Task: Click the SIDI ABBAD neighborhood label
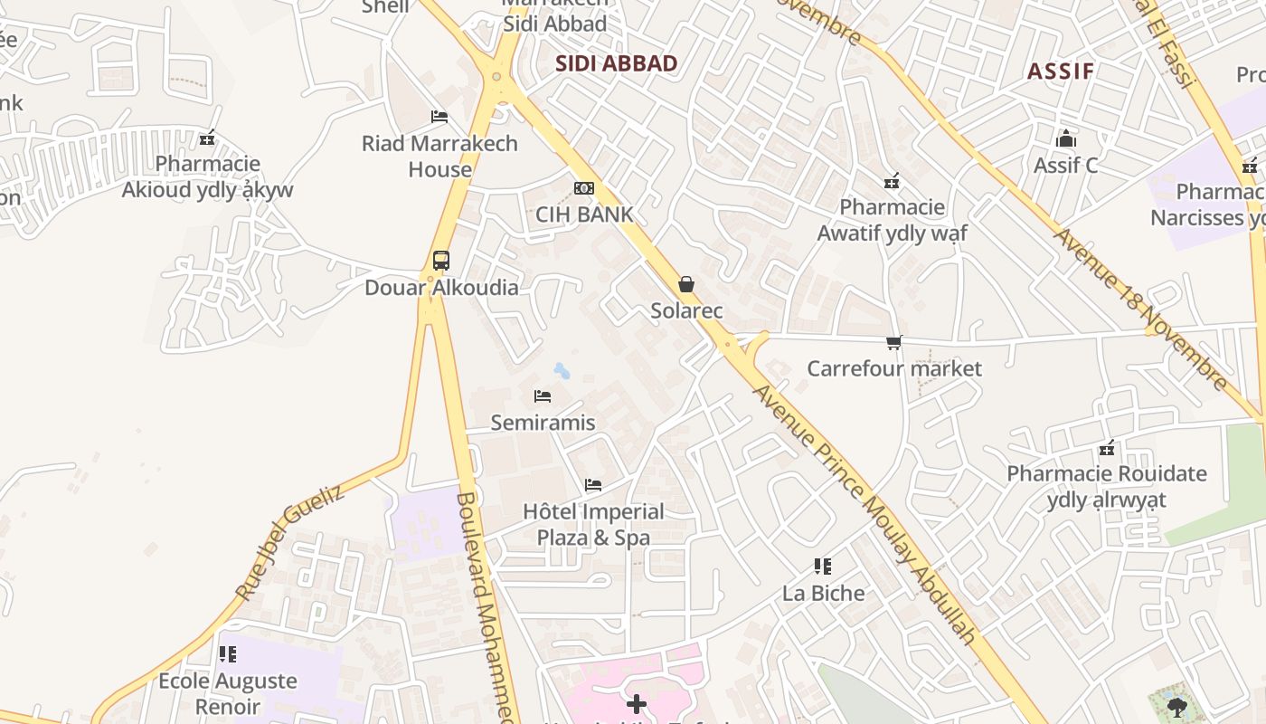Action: coord(616,63)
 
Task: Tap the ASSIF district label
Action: coord(1061,71)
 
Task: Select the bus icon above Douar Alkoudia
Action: coord(441,261)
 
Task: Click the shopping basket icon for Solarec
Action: coord(686,284)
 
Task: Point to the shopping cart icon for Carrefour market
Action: coord(894,342)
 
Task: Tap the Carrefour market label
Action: coord(893,368)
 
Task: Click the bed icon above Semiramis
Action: coord(543,396)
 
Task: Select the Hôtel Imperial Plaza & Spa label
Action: coord(593,524)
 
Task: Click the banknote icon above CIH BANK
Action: coord(584,188)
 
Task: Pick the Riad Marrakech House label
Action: coord(439,156)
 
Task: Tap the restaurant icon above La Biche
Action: coord(823,567)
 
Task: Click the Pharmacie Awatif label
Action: coord(892,220)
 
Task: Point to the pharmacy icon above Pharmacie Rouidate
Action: coord(1107,448)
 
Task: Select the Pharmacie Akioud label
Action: coord(207,176)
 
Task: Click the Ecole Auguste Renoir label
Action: coord(227,693)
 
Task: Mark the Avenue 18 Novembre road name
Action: coord(1142,308)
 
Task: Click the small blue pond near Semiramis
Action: coord(562,370)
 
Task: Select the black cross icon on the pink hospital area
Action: coord(637,703)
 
